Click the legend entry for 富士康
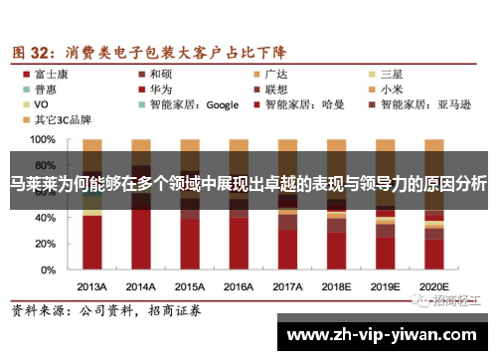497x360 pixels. pyautogui.click(x=49, y=73)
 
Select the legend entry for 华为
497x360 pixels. pyautogui.click(x=161, y=88)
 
